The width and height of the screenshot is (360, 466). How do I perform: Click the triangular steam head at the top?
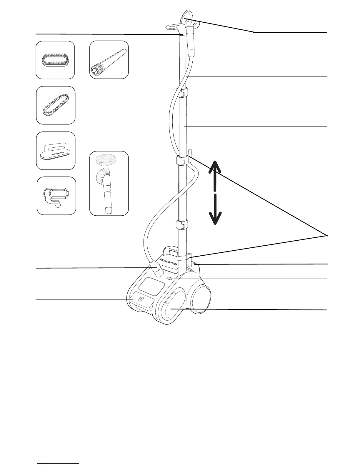click(186, 16)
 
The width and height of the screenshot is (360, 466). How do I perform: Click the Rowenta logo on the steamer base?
click(168, 262)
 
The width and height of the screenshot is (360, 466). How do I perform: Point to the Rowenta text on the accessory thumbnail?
click(60, 153)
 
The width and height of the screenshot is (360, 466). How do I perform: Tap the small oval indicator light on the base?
click(169, 278)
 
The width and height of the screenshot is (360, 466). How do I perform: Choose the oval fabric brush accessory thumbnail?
click(55, 60)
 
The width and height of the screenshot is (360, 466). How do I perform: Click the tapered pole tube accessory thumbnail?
click(109, 60)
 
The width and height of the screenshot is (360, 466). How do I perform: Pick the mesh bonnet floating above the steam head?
click(106, 160)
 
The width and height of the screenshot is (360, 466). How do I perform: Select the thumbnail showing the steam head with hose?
click(109, 183)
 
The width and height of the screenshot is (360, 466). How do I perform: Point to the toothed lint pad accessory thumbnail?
click(56, 105)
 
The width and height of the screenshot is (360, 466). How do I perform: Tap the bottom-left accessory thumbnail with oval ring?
click(56, 196)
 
